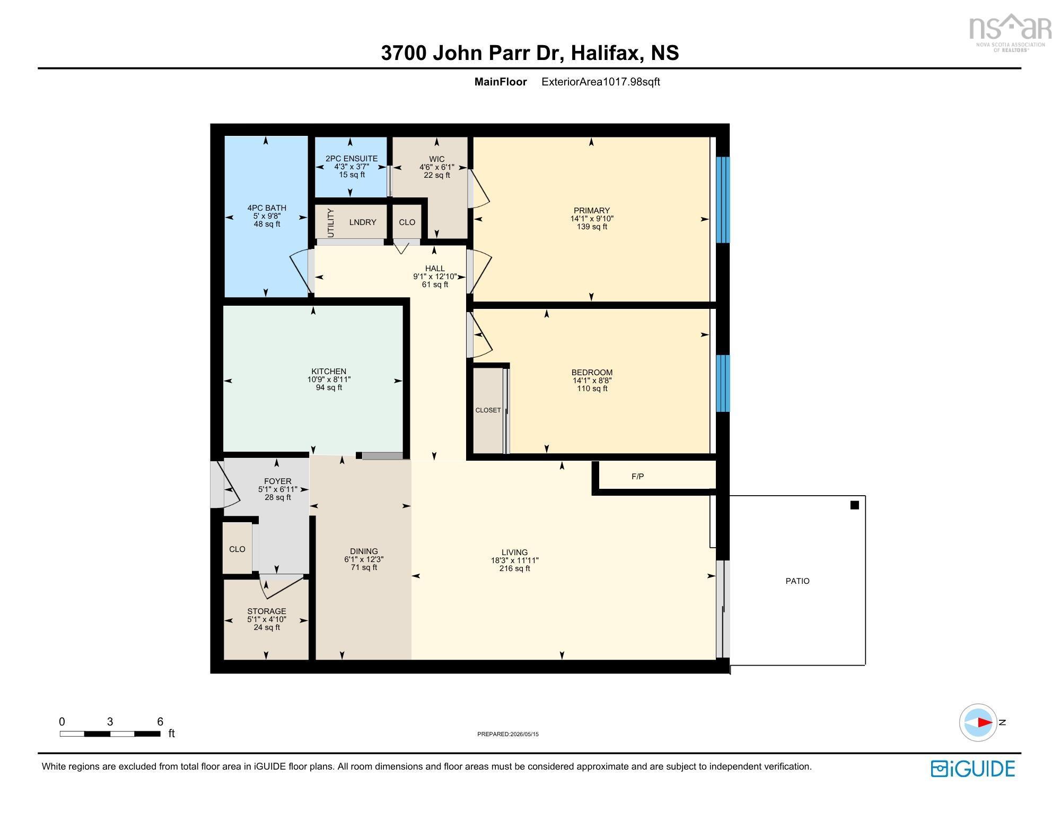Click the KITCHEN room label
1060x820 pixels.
click(329, 372)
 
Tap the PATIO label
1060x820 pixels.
click(798, 581)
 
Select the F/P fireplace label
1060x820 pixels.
click(637, 477)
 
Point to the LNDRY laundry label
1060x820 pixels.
click(363, 222)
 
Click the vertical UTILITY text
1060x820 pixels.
click(331, 223)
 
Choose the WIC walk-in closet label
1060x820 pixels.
click(437, 159)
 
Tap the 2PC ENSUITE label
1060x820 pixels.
click(352, 159)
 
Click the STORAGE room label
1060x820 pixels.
click(267, 611)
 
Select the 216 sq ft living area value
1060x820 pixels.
click(515, 568)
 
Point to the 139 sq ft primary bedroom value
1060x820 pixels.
click(592, 227)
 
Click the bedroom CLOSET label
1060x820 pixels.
click(488, 410)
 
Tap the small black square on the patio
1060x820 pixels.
click(854, 505)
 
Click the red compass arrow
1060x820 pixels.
click(985, 722)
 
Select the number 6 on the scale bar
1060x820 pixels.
click(160, 722)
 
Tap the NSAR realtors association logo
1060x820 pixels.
click(1010, 32)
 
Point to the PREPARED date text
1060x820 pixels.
click(508, 735)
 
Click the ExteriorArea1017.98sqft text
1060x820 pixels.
click(601, 82)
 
